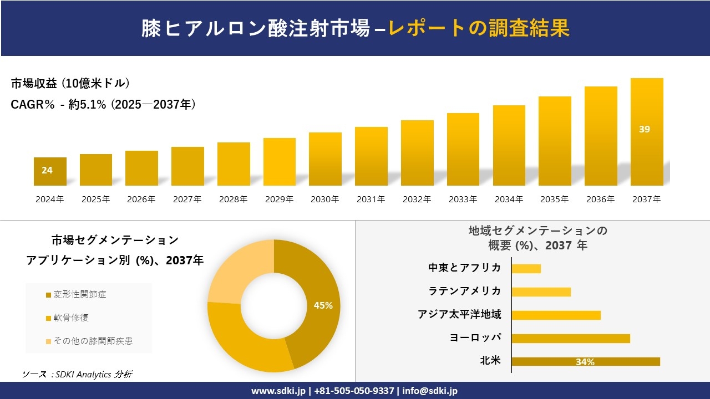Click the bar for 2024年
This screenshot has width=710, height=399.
pyautogui.click(x=50, y=172)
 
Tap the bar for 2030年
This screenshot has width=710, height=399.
pyautogui.click(x=325, y=159)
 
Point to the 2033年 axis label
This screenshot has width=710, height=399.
pyautogui.click(x=463, y=199)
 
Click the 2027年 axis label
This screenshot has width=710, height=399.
pyautogui.click(x=187, y=199)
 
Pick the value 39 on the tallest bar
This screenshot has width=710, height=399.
pyautogui.click(x=644, y=129)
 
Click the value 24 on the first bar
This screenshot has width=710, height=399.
pyautogui.click(x=47, y=170)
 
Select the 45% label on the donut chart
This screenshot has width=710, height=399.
pyautogui.click(x=323, y=305)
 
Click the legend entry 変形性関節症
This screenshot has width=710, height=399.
pyautogui.click(x=79, y=294)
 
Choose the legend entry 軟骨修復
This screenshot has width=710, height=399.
pyautogui.click(x=70, y=318)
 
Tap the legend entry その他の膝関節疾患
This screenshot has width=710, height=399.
pyautogui.click(x=93, y=341)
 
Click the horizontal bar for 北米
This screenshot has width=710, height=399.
pyautogui.click(x=585, y=361)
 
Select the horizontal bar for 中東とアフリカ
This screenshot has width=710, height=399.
pyautogui.click(x=526, y=268)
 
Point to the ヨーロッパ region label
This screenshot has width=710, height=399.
pyautogui.click(x=475, y=337)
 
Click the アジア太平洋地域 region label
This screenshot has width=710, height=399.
pyautogui.click(x=459, y=314)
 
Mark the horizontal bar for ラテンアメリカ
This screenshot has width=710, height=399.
pyautogui.click(x=541, y=291)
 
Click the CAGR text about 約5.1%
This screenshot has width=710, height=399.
pyautogui.click(x=103, y=105)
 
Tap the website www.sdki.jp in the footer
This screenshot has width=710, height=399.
pyautogui.click(x=278, y=391)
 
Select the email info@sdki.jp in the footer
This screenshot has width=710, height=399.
pyautogui.click(x=430, y=391)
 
